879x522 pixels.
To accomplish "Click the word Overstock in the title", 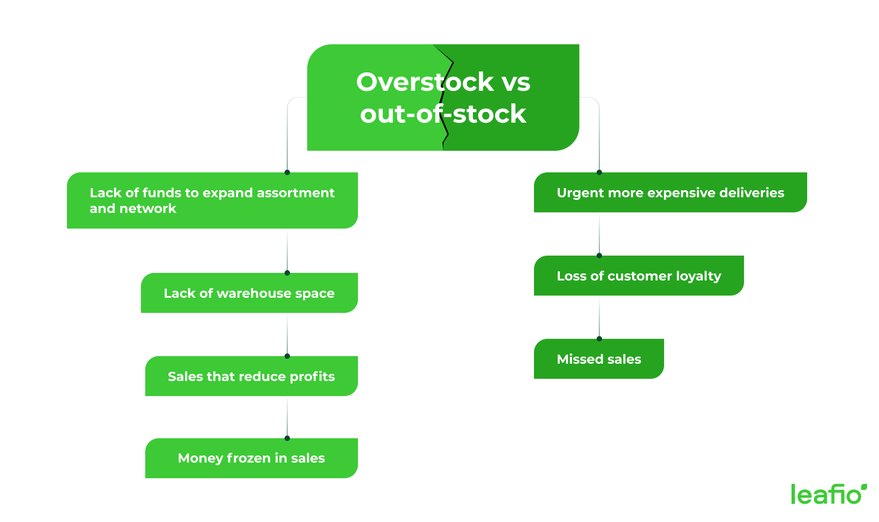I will pos(424,82).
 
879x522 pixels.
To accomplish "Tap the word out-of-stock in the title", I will pos(443,114).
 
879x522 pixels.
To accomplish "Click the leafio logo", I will pos(829,494).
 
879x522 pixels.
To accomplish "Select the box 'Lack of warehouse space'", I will pos(249,293).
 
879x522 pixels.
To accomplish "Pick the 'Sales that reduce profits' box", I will pos(252,377).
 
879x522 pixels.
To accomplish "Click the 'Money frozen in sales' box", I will pos(252,458).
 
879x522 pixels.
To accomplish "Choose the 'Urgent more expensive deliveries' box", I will pos(670,193).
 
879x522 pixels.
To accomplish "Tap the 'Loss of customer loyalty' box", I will pos(639,276).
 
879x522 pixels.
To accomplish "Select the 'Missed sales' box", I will pos(599,359).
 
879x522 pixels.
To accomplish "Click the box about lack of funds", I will pos(212,200).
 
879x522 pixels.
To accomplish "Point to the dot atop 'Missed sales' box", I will pos(599,339).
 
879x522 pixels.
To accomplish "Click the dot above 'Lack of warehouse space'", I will pos(287,273).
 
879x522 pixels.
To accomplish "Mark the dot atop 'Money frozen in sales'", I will pos(287,438).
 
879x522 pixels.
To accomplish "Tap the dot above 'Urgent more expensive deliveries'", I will pos(599,172).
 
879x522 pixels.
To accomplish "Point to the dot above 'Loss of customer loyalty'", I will pos(599,256).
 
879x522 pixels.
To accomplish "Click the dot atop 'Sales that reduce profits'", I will pos(287,356).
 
